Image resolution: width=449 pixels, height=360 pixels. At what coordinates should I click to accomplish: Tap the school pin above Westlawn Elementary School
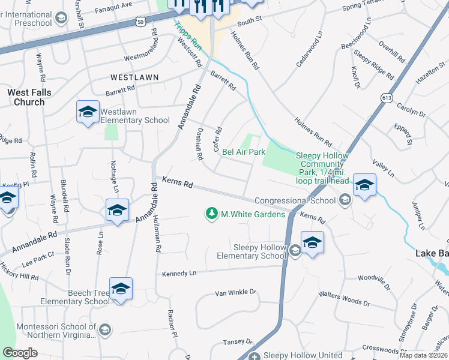click(88, 112)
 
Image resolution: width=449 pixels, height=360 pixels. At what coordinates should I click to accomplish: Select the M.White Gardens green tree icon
click(211, 213)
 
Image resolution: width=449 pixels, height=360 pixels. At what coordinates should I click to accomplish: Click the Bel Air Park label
click(244, 152)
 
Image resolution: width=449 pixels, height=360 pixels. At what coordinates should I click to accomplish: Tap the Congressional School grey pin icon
click(345, 200)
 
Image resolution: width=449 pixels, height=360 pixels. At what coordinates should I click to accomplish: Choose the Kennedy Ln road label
click(179, 274)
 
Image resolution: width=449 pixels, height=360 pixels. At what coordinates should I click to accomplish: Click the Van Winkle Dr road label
click(235, 293)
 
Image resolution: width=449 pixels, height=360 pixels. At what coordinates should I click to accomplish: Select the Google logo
click(20, 353)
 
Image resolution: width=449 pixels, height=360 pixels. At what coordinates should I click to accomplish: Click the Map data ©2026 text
click(424, 355)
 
